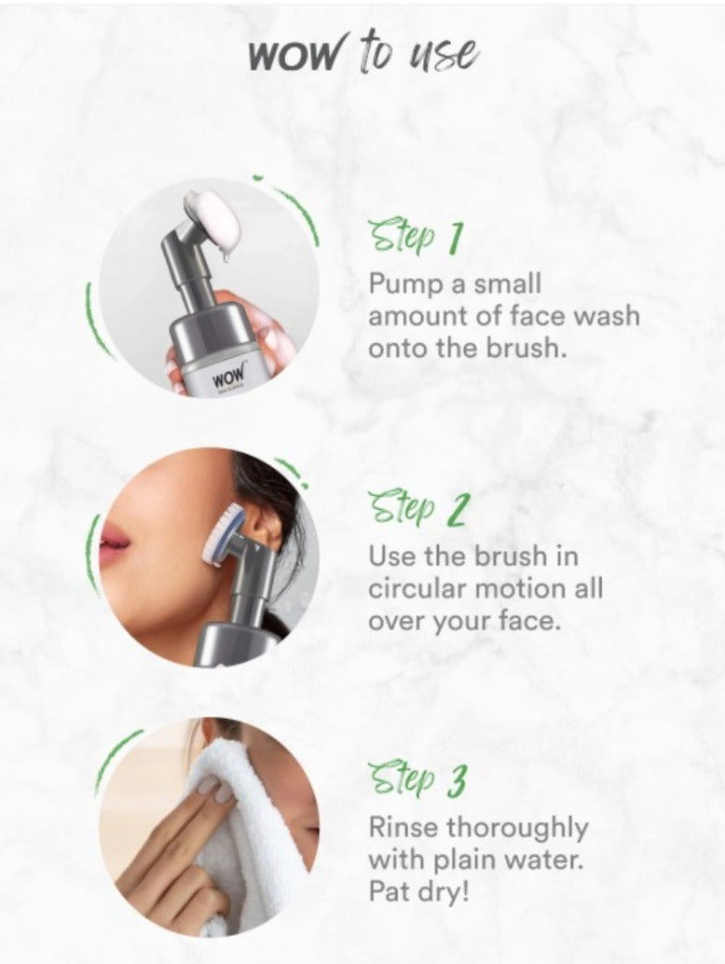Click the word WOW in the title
pyautogui.click(x=294, y=57)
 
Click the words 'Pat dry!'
pyautogui.click(x=418, y=891)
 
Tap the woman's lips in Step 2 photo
pyautogui.click(x=114, y=540)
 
